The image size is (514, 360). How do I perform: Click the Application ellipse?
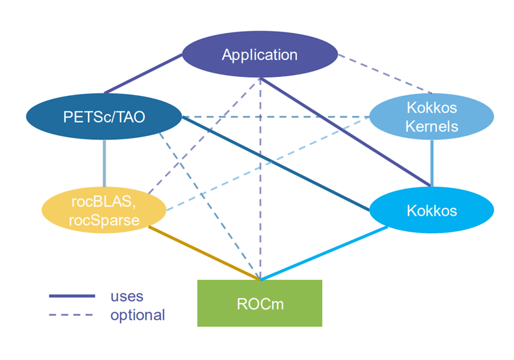point(260,54)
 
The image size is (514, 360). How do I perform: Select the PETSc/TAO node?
point(104,117)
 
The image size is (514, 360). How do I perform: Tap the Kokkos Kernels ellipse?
point(432,117)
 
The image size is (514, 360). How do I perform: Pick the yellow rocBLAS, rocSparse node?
point(104,210)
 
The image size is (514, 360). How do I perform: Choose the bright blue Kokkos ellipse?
point(432,210)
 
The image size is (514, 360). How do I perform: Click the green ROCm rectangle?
point(260,303)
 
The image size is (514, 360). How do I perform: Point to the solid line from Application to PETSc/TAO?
point(143,74)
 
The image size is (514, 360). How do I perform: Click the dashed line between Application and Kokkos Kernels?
point(385,74)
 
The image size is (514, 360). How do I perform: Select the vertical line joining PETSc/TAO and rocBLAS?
point(104,163)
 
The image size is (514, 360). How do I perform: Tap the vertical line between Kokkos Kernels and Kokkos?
point(432,163)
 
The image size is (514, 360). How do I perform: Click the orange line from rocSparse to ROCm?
point(204,253)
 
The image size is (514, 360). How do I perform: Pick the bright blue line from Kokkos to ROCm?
point(324,253)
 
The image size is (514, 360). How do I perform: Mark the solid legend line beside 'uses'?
point(72,296)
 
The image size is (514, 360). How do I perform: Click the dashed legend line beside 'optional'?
point(71,315)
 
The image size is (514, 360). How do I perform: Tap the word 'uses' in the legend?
point(127,297)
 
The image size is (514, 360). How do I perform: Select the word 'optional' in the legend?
point(138,315)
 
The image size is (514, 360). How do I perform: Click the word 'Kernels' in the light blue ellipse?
point(432,126)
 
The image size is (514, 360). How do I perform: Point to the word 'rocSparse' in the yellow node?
point(104,220)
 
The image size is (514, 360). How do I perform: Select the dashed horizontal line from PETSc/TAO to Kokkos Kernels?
point(276,117)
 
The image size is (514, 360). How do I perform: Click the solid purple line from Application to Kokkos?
point(345,132)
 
